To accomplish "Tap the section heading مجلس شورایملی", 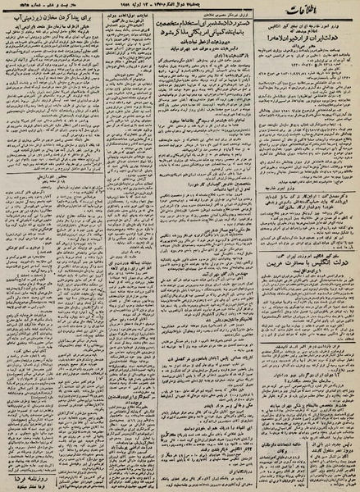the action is pos(45,218).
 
